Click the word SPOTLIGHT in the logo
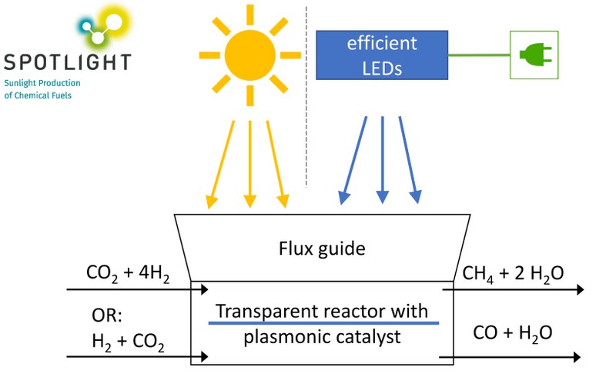[67, 62]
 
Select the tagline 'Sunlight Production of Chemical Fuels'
[42, 88]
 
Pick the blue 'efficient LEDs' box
[382, 55]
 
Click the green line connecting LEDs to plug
[478, 55]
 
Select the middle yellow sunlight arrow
[249, 162]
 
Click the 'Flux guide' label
[320, 248]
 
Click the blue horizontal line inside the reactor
[323, 323]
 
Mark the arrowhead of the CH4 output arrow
[578, 290]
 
